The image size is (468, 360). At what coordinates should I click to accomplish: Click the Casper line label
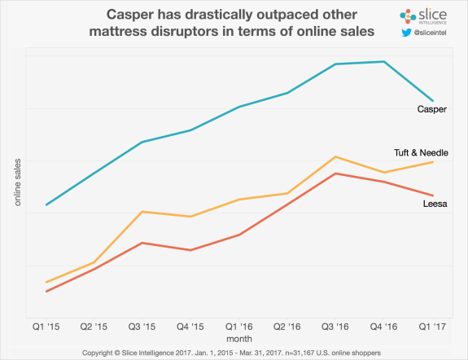pos(431,110)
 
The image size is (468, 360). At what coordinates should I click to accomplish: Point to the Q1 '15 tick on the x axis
pos(46,326)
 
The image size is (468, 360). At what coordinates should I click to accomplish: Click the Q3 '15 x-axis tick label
pos(142,326)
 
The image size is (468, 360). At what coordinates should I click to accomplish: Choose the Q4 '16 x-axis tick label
pos(383,326)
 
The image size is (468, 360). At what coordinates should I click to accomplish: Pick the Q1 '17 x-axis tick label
pos(431,326)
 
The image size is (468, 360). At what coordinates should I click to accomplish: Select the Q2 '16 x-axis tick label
pos(287,326)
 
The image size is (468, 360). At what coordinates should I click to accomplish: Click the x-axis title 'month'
pos(238,337)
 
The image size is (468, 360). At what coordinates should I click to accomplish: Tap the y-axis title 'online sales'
pos(18,182)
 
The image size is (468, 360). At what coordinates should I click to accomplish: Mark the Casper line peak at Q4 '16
pos(383,61)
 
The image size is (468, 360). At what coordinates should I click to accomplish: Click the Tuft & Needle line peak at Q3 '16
pos(335,156)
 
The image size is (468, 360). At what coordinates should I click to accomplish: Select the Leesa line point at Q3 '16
pos(335,173)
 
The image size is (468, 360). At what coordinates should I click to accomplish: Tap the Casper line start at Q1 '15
pos(46,204)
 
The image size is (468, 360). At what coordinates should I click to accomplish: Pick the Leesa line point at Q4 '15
pos(190,250)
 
